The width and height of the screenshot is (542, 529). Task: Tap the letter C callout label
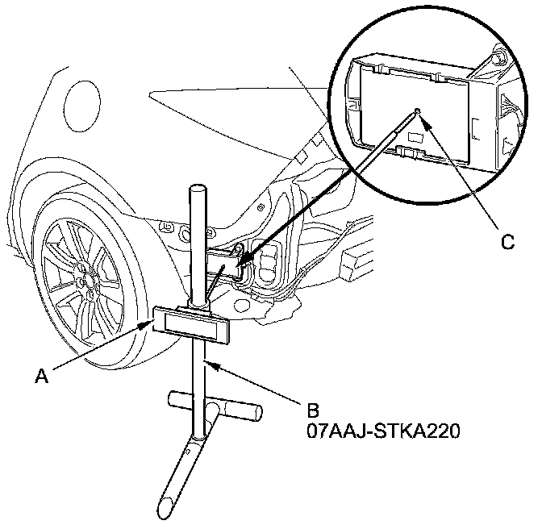[507, 241]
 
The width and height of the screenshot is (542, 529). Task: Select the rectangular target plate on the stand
[191, 323]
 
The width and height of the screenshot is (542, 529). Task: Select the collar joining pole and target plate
[196, 304]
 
